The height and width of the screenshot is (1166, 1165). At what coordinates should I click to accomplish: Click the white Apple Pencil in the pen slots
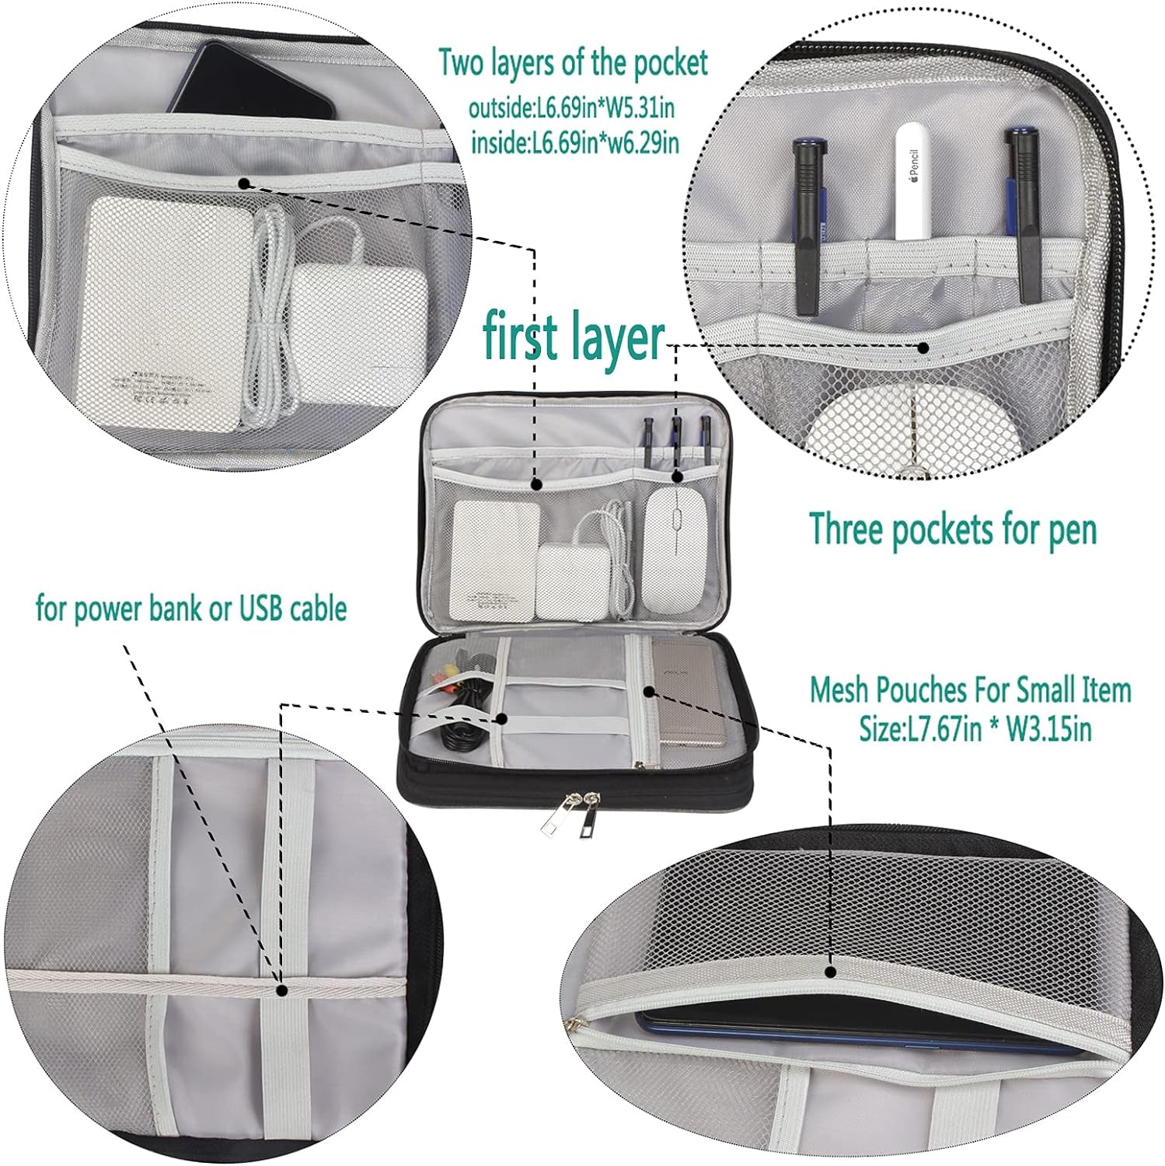pos(918,182)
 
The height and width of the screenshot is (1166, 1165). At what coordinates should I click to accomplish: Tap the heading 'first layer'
pos(574,336)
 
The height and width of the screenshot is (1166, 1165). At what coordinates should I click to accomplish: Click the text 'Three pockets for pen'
pos(953,530)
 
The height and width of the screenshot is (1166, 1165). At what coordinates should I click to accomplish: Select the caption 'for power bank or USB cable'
pos(191,608)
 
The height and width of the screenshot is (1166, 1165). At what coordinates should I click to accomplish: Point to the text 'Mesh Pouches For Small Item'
pos(971,689)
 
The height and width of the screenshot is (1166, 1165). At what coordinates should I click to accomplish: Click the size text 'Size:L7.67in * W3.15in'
pos(975,729)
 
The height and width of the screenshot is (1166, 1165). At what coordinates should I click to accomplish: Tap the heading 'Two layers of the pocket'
pos(574,63)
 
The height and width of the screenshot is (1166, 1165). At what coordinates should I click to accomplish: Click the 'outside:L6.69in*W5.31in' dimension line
pos(571,109)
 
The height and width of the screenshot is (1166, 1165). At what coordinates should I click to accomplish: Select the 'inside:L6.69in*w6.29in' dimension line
pos(575,144)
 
